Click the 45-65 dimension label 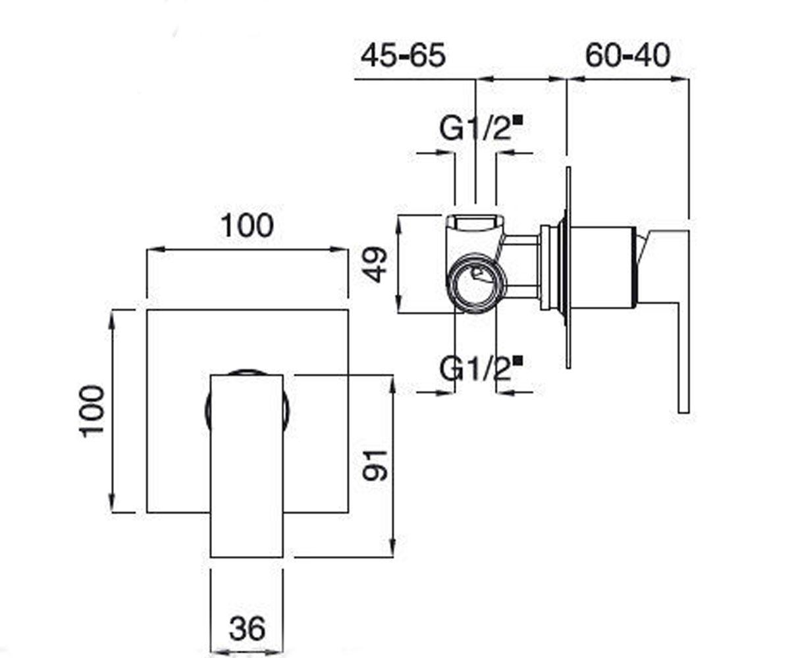tap(403, 56)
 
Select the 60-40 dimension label tap(627, 56)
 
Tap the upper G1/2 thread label tap(475, 128)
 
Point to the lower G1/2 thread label tap(475, 368)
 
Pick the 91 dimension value tap(375, 466)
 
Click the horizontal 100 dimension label tap(247, 226)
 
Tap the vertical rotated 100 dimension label tap(92, 411)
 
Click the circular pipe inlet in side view tap(476, 283)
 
